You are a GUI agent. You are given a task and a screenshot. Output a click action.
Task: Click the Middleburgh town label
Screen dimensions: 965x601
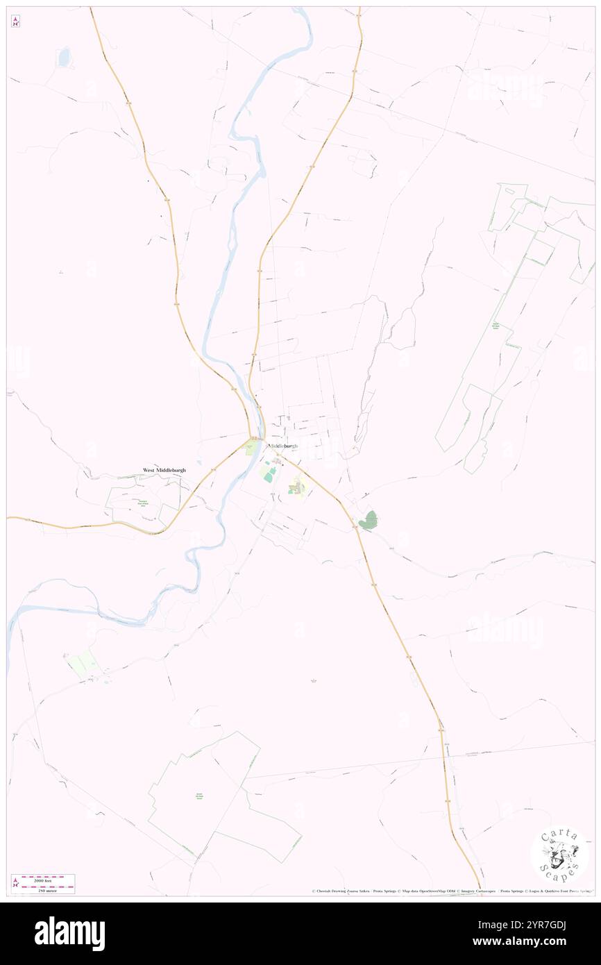pos(283,445)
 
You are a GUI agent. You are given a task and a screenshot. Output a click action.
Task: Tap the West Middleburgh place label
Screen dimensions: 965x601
pos(164,470)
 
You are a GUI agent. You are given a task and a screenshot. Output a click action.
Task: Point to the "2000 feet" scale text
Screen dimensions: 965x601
pos(47,879)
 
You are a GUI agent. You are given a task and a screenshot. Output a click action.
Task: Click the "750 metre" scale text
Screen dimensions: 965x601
pos(47,889)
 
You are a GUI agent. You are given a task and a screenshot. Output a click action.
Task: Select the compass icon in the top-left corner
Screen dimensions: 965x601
pos(15,22)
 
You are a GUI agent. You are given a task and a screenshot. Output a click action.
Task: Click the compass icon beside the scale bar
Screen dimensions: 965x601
pos(15,883)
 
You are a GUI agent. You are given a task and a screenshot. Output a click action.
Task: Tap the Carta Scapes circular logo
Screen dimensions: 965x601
pos(559,854)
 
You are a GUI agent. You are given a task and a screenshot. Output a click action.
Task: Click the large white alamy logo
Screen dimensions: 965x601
pos(69,934)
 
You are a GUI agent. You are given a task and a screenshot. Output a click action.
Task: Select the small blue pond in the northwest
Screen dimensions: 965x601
pos(65,57)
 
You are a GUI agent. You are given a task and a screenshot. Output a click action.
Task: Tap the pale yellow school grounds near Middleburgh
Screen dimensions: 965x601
pos(298,486)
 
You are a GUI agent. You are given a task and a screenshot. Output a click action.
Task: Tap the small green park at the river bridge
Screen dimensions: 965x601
pos(250,448)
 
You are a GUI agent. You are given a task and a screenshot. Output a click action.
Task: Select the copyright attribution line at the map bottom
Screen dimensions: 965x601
pos(450,891)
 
